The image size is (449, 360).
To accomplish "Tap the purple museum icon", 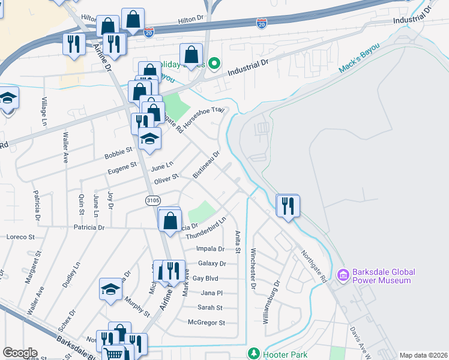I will [344, 276].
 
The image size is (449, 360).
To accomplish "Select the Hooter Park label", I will [282, 355].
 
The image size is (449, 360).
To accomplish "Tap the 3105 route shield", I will [153, 200].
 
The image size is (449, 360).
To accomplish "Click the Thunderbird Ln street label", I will [205, 229].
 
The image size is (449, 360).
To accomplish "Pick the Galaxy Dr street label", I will [211, 263].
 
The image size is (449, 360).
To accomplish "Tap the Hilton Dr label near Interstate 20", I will [191, 20].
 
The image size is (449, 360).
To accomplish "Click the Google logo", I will [20, 353].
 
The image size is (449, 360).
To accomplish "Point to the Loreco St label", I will [20, 237].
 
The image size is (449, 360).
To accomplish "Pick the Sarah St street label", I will [210, 308].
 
